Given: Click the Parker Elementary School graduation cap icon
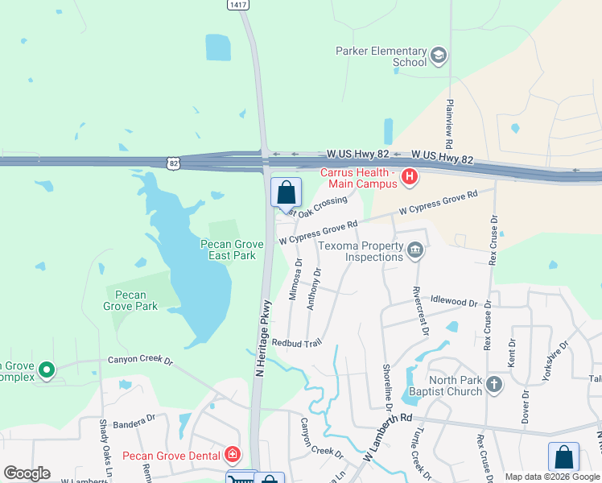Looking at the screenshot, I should click(x=439, y=56).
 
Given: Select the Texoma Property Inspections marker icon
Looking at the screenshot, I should click(x=414, y=250).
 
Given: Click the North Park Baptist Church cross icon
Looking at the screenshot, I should click(x=494, y=385).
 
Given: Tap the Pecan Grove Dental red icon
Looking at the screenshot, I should click(x=233, y=456).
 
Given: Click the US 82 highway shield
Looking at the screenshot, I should click(x=172, y=163).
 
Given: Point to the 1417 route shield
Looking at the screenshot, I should click(x=237, y=5).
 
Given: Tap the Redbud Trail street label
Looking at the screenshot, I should click(x=296, y=343).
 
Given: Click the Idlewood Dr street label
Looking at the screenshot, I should click(x=454, y=301).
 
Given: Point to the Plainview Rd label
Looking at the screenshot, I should click(x=448, y=122).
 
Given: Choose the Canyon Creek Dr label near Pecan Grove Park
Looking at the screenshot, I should click(x=140, y=361).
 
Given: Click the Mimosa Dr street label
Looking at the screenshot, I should click(x=295, y=279).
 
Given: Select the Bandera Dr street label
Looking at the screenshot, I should click(x=134, y=420).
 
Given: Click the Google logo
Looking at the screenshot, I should click(x=27, y=473).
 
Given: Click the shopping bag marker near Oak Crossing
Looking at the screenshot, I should click(x=286, y=193).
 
